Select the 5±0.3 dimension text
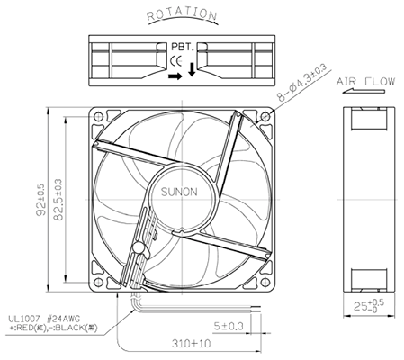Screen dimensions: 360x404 point(229,325)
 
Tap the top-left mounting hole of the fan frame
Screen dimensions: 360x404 point(100,117)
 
